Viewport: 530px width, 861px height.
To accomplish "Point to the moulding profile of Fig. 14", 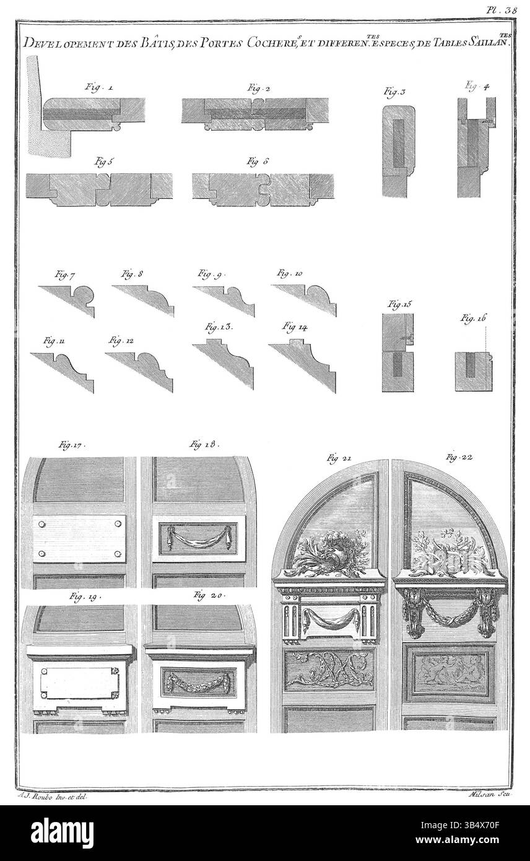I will (x=303, y=365).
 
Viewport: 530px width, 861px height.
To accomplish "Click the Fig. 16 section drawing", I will (x=474, y=372).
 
